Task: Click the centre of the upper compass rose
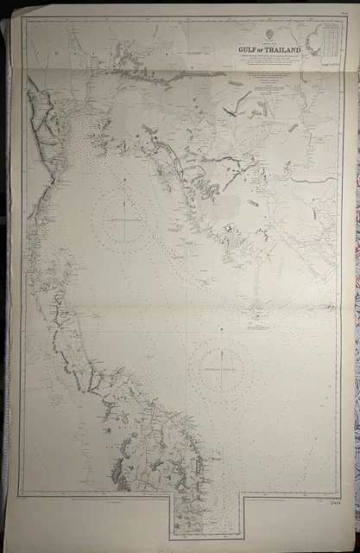point(124,217)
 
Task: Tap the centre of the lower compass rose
point(221,366)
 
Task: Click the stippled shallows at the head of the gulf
point(87,138)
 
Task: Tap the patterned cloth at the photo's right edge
point(354,259)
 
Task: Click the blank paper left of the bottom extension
point(86,518)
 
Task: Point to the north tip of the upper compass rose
point(124,188)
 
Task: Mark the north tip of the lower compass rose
point(221,338)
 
